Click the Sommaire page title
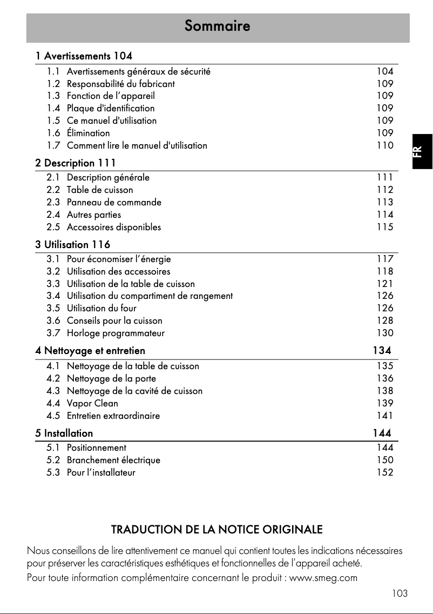coord(217,26)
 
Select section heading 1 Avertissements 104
coord(84,56)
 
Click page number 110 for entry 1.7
coord(385,145)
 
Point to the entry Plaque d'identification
coord(111,108)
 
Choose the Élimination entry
coord(88,133)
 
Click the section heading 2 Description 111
coord(76,163)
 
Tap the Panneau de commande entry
coord(114,202)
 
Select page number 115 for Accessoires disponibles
coord(385,227)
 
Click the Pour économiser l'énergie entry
coord(119,259)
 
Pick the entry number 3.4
coord(53,296)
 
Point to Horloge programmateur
coord(116,333)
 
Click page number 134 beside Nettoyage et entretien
coord(382,351)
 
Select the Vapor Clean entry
coord(92,403)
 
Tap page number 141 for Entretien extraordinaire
coord(385,416)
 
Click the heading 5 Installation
coord(64,433)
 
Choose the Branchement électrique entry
coord(113,460)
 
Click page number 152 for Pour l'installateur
coord(385,472)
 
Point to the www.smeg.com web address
coord(324,578)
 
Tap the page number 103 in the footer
coord(400,593)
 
